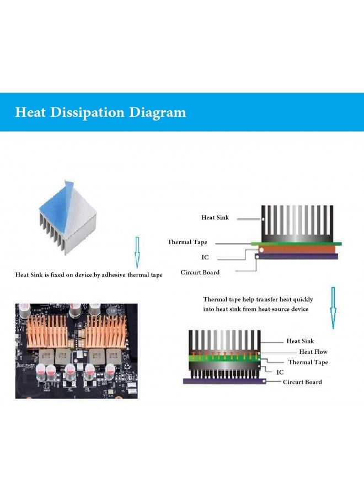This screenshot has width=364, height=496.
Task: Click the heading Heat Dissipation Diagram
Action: click(100, 112)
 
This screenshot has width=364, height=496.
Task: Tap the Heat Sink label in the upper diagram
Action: click(215, 217)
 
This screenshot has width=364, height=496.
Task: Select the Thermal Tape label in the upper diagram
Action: click(188, 242)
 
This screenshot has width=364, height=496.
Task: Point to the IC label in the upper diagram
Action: click(205, 257)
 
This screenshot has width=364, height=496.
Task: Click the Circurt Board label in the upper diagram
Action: click(200, 272)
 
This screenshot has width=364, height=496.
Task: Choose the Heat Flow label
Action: click(313, 352)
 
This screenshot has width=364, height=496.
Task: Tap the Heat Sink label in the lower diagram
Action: click(300, 341)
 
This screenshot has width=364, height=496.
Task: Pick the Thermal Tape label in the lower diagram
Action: click(308, 362)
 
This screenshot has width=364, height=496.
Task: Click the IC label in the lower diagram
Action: click(280, 373)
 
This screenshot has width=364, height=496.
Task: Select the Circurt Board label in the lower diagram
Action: click(302, 382)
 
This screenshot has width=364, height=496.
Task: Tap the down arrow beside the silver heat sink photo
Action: click(137, 252)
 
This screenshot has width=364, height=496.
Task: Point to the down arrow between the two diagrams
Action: click(333, 308)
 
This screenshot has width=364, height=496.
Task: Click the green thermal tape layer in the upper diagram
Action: click(296, 244)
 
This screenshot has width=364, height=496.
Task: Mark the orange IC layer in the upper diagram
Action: click(297, 249)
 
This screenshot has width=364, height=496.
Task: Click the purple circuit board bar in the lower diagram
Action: click(224, 381)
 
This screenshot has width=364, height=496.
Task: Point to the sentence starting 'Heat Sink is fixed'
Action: click(89, 275)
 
